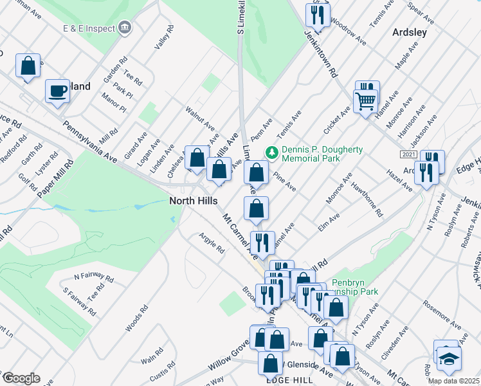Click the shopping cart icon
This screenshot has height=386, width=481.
point(365,100)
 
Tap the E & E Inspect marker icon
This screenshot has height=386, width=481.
point(125,28)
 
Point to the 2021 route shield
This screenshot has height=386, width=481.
point(408,155)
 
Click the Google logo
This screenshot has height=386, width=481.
point(21,378)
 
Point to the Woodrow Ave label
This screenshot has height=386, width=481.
point(347,30)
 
